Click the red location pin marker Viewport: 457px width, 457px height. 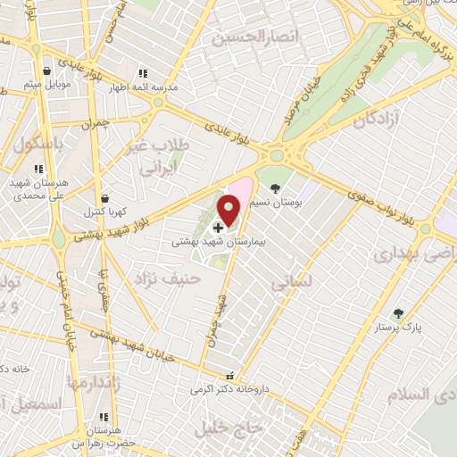(230, 211)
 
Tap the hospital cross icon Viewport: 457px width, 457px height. (219, 228)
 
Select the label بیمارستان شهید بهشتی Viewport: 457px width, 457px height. (216, 242)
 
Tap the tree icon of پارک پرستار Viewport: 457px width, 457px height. (397, 313)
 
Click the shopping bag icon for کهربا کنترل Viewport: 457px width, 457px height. (106, 198)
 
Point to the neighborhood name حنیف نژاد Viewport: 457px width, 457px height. (169, 279)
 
